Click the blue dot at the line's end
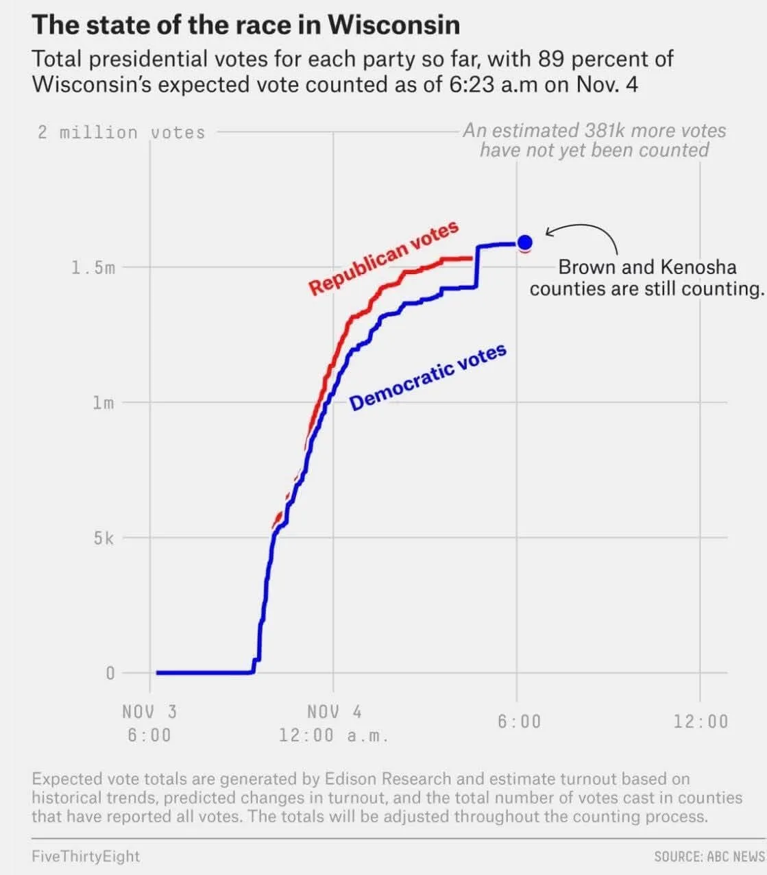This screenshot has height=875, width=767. coord(525,242)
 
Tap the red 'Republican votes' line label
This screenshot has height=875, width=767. coord(383,259)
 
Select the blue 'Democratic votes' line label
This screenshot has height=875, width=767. coord(428,378)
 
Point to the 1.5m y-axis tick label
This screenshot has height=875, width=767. coord(93,267)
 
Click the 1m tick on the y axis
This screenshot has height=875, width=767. coord(103,402)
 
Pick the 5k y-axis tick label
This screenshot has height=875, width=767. coord(104,538)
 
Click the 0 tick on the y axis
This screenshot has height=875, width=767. coord(110,673)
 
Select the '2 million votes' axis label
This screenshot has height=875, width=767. coord(121,132)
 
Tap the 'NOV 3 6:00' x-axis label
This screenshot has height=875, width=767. coord(149,723)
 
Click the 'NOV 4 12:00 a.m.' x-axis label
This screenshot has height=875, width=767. coord(334,723)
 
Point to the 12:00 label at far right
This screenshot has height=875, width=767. coord(701,722)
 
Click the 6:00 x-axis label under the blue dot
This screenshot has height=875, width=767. coord(519,722)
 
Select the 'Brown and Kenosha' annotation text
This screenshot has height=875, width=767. coord(646,267)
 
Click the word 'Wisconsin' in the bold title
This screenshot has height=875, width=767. coord(393,25)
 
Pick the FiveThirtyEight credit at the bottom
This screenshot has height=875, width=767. coord(86,856)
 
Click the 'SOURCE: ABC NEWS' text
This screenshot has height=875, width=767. coord(709,856)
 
